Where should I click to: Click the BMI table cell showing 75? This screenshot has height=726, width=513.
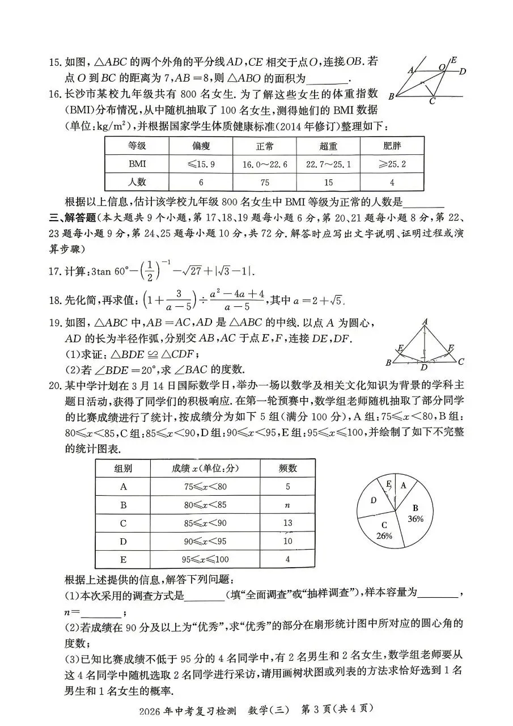click(x=264, y=183)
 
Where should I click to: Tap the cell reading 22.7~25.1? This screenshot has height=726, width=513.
click(x=328, y=164)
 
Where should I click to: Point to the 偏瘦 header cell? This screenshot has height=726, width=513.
click(x=201, y=146)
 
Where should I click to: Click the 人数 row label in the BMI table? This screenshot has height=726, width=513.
click(x=137, y=183)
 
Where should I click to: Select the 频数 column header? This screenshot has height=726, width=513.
click(x=288, y=468)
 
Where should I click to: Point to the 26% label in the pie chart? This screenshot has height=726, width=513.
click(x=384, y=535)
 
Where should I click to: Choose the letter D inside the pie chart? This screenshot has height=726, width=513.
click(x=374, y=500)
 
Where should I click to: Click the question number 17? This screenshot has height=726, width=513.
click(x=55, y=272)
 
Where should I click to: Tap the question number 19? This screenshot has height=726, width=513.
click(x=55, y=323)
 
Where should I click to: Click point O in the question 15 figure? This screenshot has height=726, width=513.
click(x=441, y=67)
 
